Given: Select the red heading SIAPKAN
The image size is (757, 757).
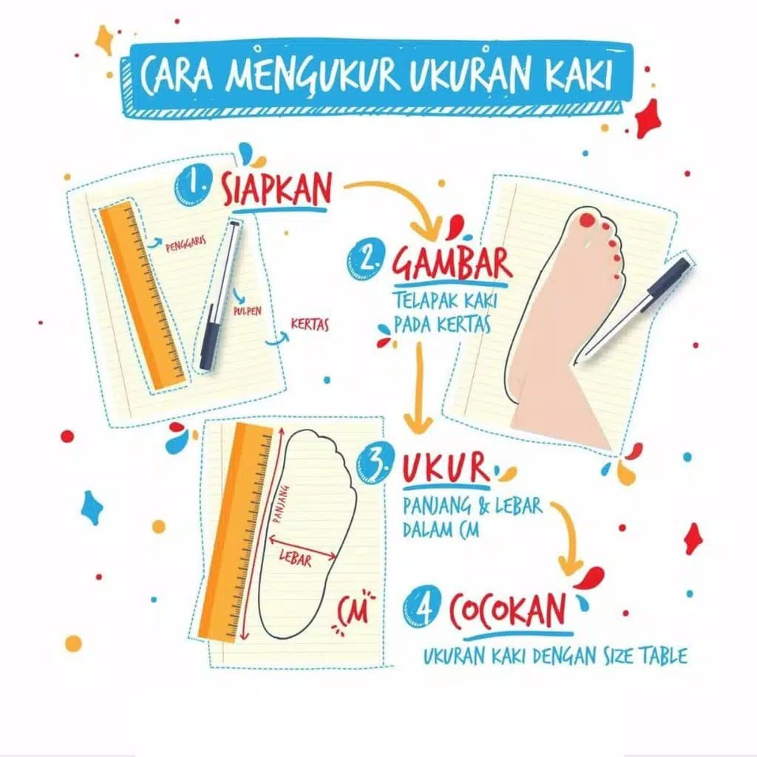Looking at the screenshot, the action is click(277, 189).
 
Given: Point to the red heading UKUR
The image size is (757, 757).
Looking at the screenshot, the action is click(446, 468).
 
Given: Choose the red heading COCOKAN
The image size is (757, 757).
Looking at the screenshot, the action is click(507, 610).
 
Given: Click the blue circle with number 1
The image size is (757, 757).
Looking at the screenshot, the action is click(193, 186).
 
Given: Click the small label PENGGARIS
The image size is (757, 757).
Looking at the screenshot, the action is click(186, 244).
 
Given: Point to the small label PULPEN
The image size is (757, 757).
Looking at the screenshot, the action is click(248, 311).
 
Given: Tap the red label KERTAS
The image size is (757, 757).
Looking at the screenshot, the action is click(310, 325).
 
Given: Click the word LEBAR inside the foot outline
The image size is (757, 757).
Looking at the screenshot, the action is click(295, 560).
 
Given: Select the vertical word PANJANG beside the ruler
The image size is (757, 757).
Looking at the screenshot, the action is click(281, 504).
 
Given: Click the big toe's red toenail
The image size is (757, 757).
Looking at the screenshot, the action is click(587, 220).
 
